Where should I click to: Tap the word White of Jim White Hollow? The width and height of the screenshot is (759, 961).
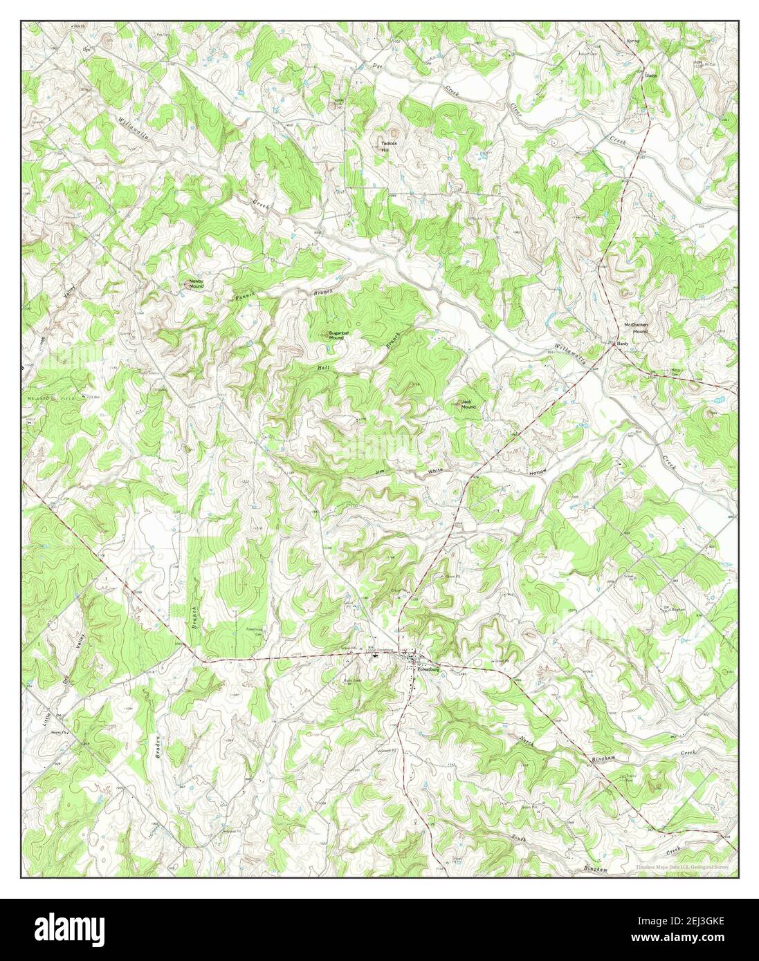click(435, 471)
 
